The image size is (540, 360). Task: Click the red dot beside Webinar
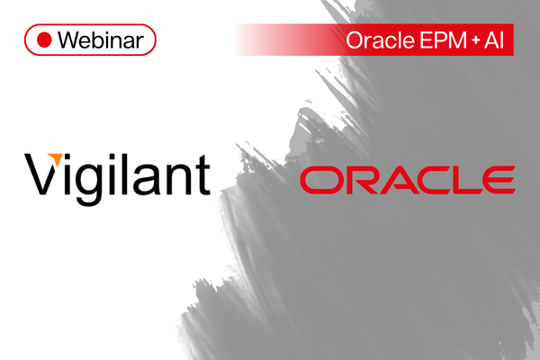(44, 40)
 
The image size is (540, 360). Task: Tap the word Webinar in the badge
(101, 40)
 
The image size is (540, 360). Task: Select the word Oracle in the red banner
(380, 40)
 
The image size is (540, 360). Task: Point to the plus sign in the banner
(475, 40)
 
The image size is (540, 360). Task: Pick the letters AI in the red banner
(494, 40)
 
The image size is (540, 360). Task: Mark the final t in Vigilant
(202, 175)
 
